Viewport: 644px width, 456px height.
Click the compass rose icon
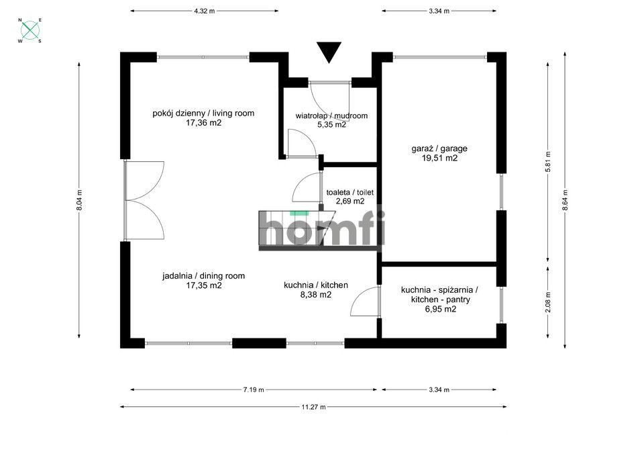coord(30,30)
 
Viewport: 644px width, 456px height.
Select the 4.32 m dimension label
coord(204,11)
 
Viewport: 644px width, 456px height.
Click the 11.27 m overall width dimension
coord(313,407)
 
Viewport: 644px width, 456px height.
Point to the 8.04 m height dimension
coord(79,200)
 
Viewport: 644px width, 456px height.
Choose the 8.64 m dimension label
coord(565,200)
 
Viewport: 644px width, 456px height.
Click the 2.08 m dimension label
coord(548,302)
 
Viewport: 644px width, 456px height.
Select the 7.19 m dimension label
coord(254,390)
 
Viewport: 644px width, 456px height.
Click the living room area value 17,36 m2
coord(204,122)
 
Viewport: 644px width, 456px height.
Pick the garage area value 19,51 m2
coord(439,158)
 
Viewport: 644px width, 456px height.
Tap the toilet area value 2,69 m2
coord(350,201)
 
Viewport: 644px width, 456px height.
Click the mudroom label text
coord(331,116)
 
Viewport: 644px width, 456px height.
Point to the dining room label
coord(204,276)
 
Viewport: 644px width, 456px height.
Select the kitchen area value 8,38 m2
coord(317,294)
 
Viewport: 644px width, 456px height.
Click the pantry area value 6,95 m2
coord(440,309)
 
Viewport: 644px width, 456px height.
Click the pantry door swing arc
coord(359,297)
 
